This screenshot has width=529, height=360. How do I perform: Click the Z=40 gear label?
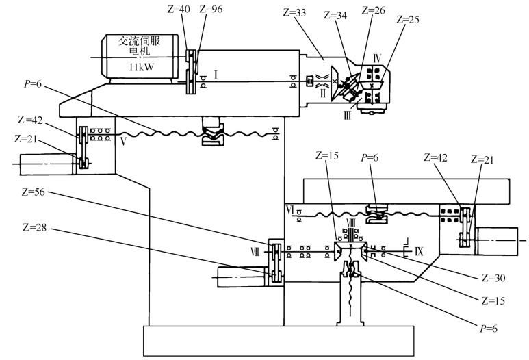179,9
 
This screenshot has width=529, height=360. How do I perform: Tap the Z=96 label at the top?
211,9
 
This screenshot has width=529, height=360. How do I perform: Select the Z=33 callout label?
294,13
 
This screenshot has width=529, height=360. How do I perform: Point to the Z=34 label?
335,15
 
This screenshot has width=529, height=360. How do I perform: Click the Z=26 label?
373,10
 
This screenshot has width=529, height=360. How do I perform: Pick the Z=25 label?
408,20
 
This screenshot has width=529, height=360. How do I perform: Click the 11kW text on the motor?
141,67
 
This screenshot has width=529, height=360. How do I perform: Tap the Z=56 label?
33,192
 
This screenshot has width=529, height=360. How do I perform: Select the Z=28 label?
34,227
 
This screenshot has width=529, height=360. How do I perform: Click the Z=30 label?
493,278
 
